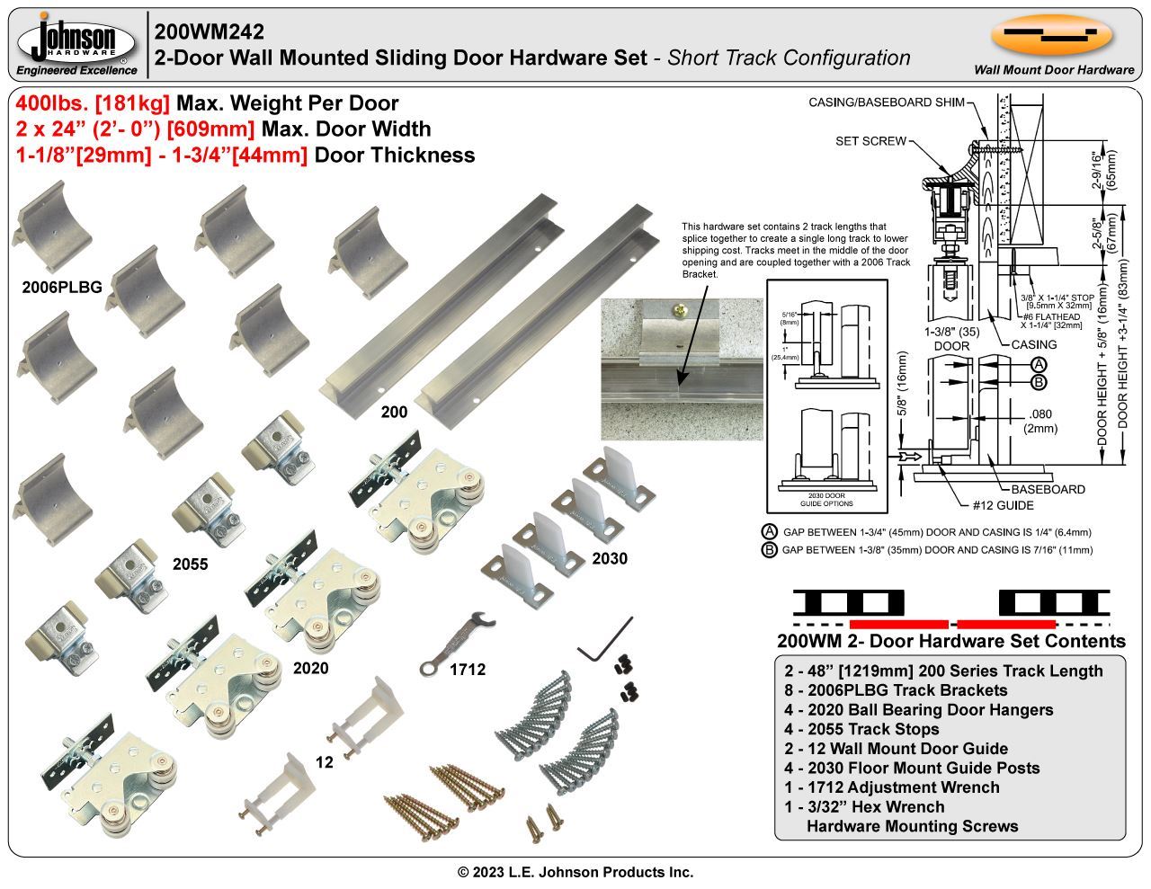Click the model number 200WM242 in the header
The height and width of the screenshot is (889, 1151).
210,31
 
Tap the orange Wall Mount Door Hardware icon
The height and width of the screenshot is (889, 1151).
1052,36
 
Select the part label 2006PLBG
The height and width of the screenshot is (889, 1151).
62,288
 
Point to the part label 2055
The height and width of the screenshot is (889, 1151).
190,565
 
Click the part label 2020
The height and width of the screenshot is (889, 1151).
310,668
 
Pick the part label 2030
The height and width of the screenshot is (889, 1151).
610,558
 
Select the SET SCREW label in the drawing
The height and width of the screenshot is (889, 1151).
870,141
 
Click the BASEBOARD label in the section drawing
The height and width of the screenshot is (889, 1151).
1048,489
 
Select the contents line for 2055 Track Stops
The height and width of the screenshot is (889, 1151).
861,729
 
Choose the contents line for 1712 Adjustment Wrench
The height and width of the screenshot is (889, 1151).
891,787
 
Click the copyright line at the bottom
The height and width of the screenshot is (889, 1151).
575,872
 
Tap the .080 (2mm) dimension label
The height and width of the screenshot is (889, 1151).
1040,421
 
